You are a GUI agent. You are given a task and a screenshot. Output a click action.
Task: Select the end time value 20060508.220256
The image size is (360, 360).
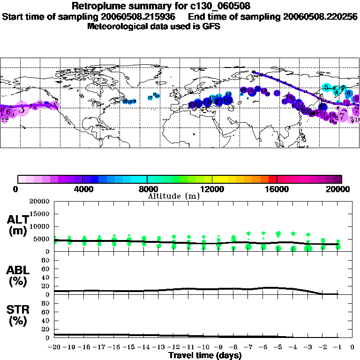click(320, 16)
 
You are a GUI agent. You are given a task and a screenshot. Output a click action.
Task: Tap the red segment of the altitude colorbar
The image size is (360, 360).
click(273, 179)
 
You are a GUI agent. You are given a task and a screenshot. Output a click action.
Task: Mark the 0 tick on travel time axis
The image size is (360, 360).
click(352, 348)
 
